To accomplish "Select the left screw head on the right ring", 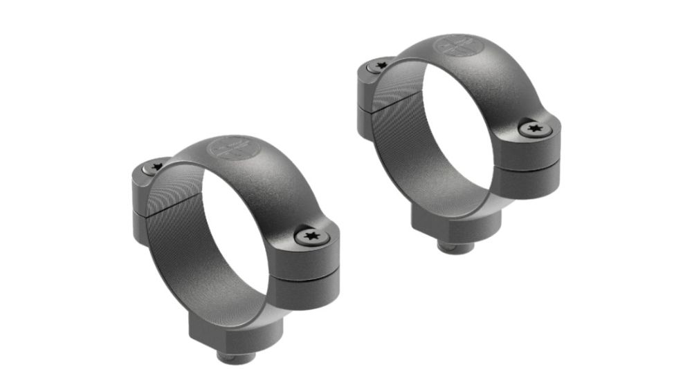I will (379, 66).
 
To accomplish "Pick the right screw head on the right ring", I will (532, 129).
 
